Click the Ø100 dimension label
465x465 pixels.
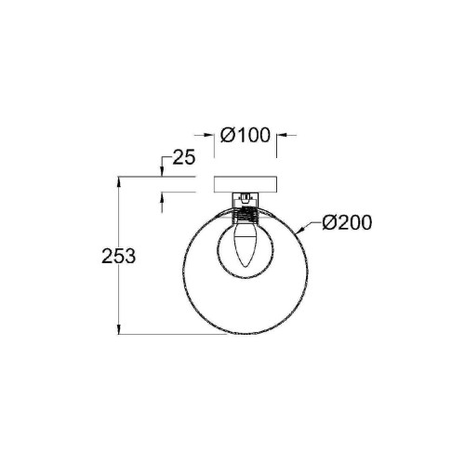pyautogui.click(x=246, y=136)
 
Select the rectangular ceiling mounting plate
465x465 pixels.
pyautogui.click(x=246, y=184)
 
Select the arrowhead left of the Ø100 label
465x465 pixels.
pyautogui.click(x=210, y=136)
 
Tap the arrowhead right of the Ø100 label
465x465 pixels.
pyautogui.click(x=281, y=136)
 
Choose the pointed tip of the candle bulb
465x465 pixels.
pyautogui.click(x=246, y=270)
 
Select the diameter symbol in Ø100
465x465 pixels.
pyautogui.click(x=229, y=136)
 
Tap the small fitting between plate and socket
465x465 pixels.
pyautogui.click(x=246, y=198)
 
